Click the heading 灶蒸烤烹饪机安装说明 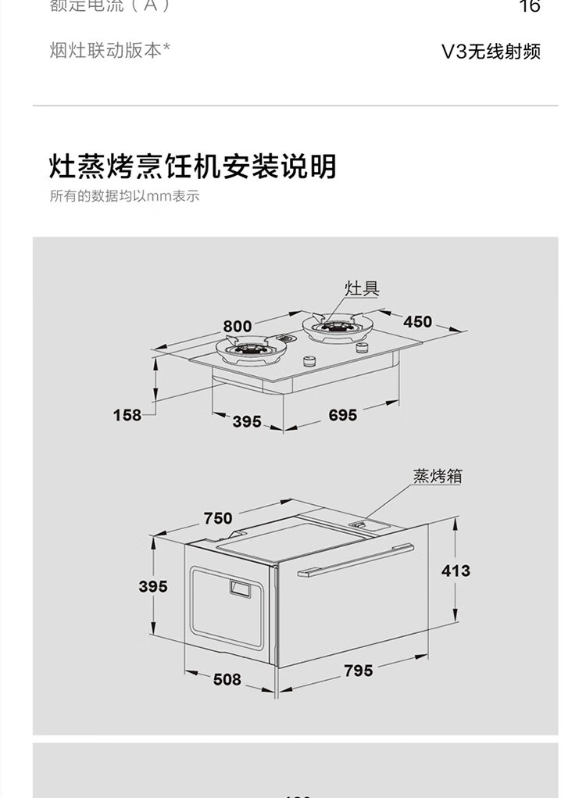click(192, 166)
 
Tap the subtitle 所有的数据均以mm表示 click(125, 196)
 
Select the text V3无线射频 click(491, 52)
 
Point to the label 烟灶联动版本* click(109, 50)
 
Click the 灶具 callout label click(362, 288)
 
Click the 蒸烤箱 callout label click(437, 475)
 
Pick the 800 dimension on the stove click(237, 326)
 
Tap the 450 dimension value click(417, 321)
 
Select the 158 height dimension click(127, 415)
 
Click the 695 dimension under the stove click(342, 415)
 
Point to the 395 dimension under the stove click(246, 421)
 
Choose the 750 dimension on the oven click(218, 517)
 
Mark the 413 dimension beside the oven click(456, 571)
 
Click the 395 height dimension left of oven click(153, 585)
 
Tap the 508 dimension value click(227, 679)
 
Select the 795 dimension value click(358, 670)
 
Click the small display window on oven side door click(241, 587)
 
